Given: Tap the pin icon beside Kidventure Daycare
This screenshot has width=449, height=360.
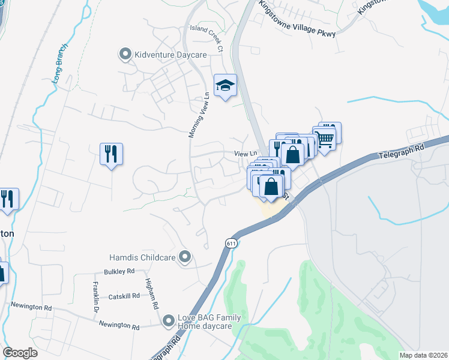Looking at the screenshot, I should [125, 55].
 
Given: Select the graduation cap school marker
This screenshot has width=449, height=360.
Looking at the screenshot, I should [225, 86].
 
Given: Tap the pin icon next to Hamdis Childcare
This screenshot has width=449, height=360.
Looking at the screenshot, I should [185, 257].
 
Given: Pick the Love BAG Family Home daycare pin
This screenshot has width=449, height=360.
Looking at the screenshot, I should [169, 322].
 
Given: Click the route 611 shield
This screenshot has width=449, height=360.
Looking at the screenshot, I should [231, 243].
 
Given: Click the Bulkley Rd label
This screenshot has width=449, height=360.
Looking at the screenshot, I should [122, 271].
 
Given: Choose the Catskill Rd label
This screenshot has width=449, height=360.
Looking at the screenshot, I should [124, 296].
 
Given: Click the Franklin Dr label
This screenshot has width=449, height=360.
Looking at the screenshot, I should [95, 298].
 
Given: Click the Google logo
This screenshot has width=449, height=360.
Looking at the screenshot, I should [20, 353].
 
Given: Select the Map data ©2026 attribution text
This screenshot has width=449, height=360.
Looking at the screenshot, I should [423, 355].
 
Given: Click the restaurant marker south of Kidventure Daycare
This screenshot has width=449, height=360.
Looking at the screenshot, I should [111, 154].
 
